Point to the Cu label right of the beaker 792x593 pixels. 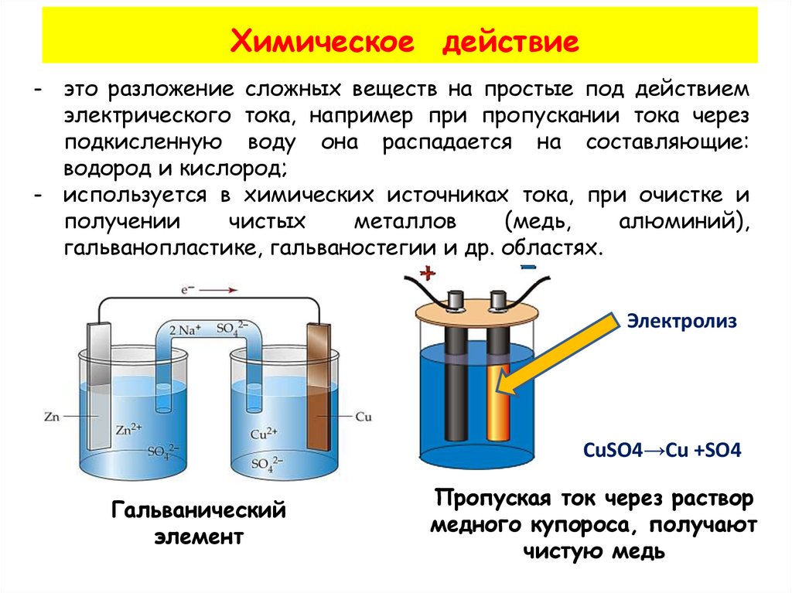pyautogui.click(x=364, y=417)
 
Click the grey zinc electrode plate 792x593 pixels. pyautogui.click(x=97, y=387)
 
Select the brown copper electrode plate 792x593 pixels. pyautogui.click(x=318, y=387)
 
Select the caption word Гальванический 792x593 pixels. pyautogui.click(x=200, y=510)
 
